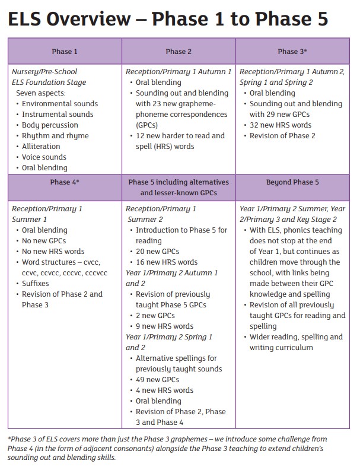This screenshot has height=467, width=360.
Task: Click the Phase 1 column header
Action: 65,52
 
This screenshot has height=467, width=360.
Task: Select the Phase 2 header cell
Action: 179,52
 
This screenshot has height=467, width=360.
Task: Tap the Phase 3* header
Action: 292,52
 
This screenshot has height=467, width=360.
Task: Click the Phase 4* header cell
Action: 65,182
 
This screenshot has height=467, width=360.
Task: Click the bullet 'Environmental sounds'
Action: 60,104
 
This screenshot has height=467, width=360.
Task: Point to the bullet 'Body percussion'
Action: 50,125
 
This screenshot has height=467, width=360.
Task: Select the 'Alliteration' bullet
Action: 42,147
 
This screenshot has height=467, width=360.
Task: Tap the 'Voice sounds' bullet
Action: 44,157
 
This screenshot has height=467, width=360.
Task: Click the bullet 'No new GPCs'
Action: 44,241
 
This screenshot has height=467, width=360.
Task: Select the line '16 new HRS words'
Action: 167,262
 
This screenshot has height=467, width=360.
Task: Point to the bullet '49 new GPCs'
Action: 157,380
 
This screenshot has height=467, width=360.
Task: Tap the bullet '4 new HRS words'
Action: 164,390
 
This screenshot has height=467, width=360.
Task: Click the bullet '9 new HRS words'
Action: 164,326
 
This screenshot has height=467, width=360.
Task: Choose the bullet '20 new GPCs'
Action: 157,252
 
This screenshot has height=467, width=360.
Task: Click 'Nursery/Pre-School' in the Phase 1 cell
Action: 44,72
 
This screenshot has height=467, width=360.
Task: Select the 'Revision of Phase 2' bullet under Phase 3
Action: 282,136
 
